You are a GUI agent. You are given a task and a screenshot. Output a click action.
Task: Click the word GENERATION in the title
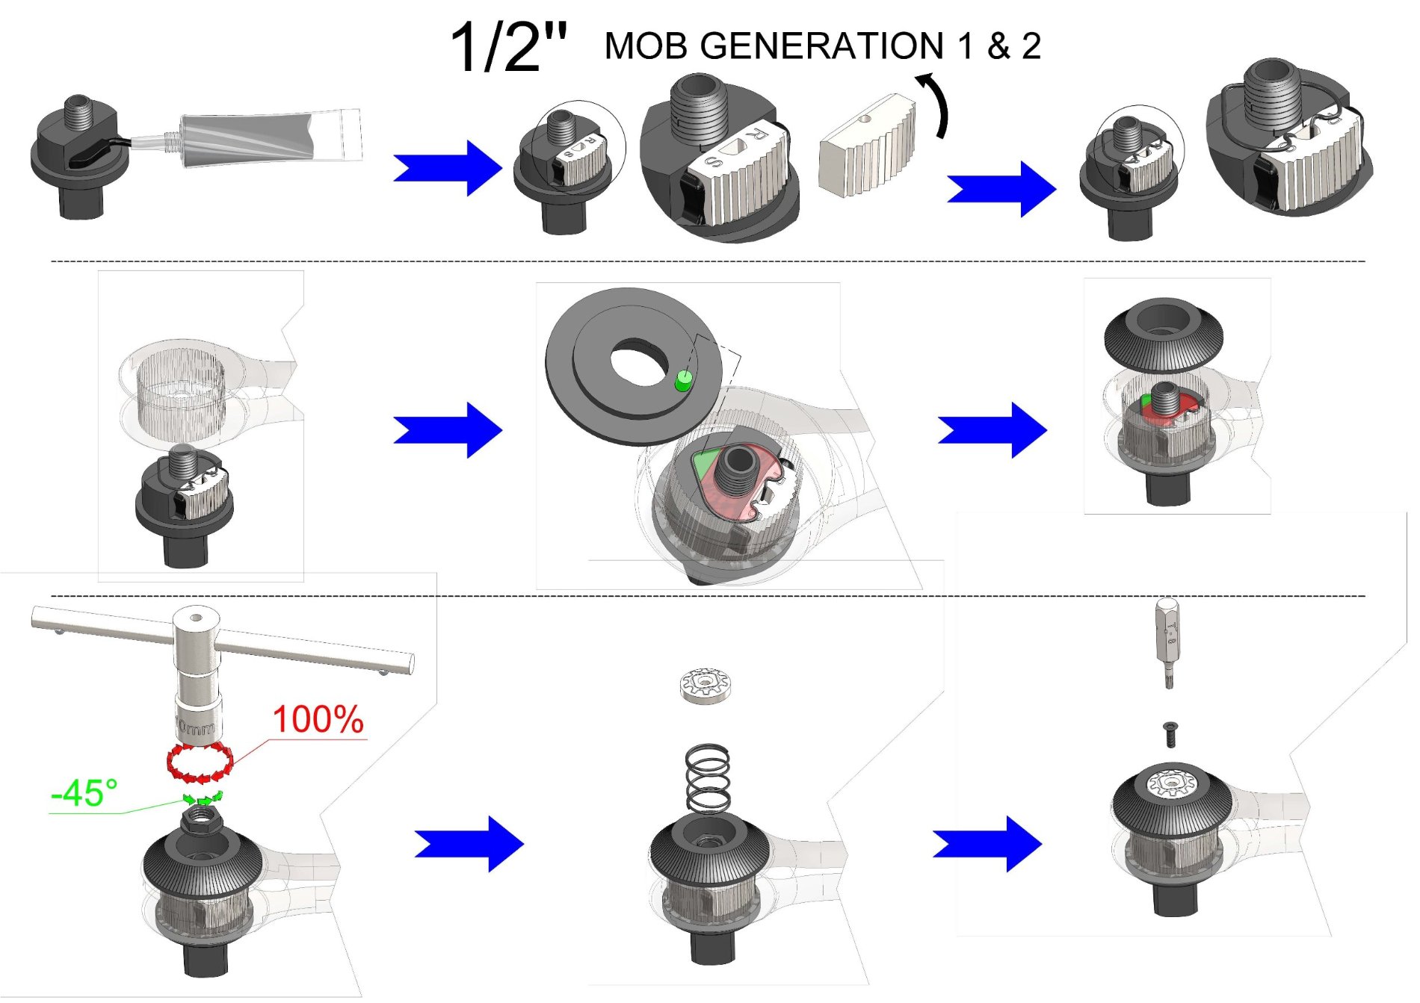coord(822,46)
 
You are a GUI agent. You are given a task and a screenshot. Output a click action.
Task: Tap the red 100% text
coord(318,719)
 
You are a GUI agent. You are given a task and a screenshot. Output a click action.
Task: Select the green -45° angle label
coord(84,793)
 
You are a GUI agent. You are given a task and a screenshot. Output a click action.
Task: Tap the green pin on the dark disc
coord(682,382)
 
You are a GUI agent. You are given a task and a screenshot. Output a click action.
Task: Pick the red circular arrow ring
coord(200,763)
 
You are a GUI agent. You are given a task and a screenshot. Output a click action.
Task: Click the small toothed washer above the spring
coord(706,686)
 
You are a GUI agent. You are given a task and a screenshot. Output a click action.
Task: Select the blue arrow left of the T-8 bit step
coord(987,844)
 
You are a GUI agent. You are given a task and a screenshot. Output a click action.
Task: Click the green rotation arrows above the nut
coord(203,798)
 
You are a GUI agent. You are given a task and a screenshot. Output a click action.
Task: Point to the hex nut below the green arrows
coord(202,822)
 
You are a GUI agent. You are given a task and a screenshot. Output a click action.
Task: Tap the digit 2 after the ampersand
coord(1031,46)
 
